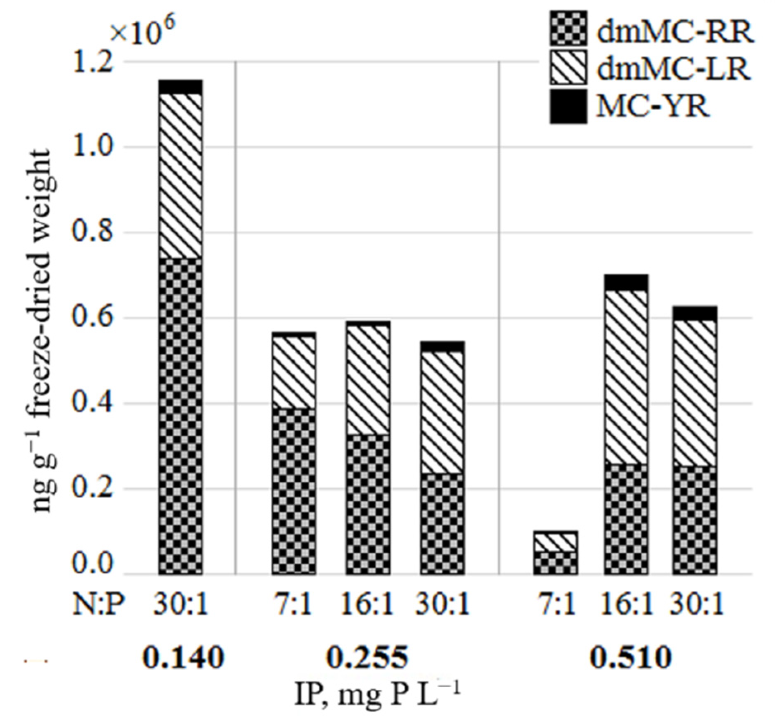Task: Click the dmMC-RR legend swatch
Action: point(568,28)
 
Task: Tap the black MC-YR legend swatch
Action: point(568,106)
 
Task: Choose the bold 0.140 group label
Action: point(183,657)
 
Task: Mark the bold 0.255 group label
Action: point(367,657)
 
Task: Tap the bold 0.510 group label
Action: point(630,657)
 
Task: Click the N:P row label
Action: point(98,606)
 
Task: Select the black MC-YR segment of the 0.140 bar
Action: point(181,87)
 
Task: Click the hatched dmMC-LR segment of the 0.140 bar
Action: point(181,175)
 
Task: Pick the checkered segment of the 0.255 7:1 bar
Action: point(293,491)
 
